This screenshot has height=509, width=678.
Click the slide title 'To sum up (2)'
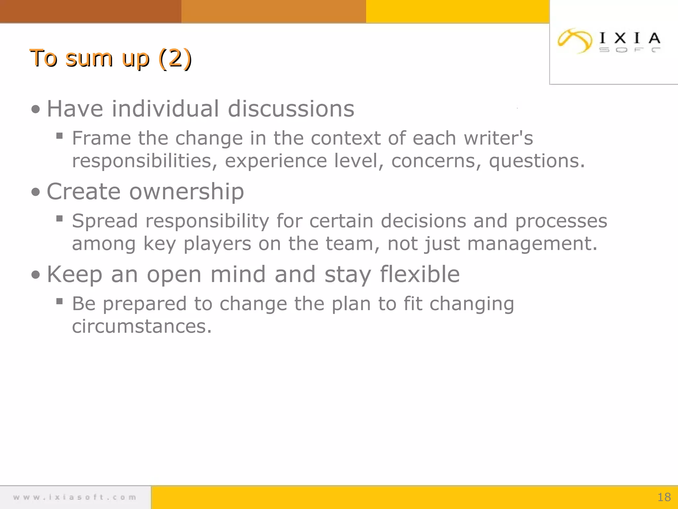(111, 58)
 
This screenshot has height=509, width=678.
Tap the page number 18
(664, 497)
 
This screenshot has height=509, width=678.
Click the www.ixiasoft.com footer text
(75, 497)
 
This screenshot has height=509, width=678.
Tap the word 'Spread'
(105, 221)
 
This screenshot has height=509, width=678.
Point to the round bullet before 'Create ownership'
(35, 192)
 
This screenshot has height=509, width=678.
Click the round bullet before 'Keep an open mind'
(35, 275)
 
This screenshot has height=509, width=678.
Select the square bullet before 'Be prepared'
(60, 301)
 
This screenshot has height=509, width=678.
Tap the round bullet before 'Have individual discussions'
(35, 109)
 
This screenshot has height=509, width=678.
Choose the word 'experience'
(276, 161)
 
